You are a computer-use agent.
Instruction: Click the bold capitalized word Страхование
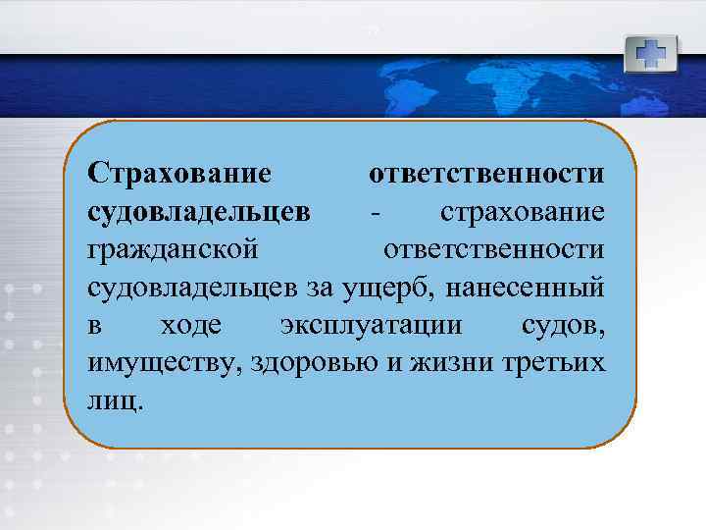click(178, 174)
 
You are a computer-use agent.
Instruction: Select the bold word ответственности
click(486, 174)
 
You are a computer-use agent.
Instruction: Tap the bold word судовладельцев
click(200, 211)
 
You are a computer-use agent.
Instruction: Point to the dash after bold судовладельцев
click(374, 212)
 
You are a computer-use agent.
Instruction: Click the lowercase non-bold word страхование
click(523, 211)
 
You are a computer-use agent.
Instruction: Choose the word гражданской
click(174, 249)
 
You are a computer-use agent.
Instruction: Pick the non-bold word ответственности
click(493, 248)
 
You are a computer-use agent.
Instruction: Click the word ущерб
click(419, 287)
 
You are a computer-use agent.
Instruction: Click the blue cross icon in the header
click(650, 53)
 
